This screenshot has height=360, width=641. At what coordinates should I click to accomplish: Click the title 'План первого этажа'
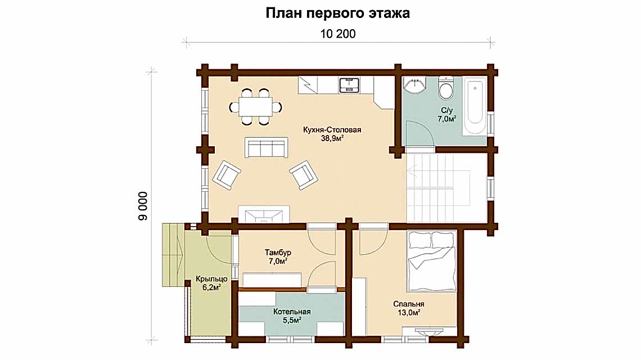[337, 13]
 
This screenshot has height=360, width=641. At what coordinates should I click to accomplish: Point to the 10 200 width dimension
[338, 34]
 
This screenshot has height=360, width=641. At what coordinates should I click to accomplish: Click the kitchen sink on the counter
[349, 85]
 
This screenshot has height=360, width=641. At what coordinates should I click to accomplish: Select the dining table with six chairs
[255, 105]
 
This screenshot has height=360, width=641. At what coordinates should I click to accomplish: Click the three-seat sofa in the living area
[265, 147]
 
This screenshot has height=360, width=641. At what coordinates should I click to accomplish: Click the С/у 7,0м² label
[446, 115]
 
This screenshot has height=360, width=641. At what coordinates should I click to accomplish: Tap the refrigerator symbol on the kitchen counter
[308, 85]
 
